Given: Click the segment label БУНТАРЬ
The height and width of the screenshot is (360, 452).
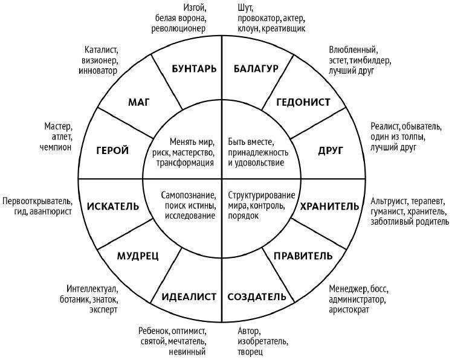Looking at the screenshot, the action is pos(194,69).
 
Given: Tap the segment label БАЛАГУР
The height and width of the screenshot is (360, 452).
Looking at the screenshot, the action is pos(256,69).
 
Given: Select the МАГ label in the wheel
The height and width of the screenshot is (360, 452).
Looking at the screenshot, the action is pos(138,102).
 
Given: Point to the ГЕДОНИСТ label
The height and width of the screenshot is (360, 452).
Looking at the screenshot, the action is pos(303,102).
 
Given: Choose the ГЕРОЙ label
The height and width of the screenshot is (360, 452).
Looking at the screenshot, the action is pos(112,150).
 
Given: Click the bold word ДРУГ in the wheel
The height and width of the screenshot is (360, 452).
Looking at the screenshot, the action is pos(331,150).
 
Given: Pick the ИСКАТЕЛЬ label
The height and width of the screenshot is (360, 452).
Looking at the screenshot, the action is pos(113,207).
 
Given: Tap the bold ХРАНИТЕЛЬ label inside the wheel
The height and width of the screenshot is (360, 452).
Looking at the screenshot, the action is pos(330,207).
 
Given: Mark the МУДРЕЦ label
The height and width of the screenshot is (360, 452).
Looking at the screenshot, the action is pos(138,256).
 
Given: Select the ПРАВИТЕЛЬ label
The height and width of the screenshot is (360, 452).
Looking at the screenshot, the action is pos(303,256).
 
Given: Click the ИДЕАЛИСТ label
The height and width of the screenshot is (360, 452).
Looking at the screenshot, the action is pos(189,297).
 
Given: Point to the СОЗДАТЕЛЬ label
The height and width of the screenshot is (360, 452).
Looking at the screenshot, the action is pos(257,297).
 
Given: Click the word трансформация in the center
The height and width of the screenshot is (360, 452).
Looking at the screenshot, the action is pos(185,163).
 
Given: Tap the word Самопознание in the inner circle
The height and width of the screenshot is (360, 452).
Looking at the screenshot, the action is pos(189,196).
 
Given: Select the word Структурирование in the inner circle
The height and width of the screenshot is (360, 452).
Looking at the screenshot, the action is pos(262,196).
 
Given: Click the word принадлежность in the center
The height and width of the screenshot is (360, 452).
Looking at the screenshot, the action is pos(258,152).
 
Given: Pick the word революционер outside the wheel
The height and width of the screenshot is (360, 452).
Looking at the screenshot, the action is pos(178,28).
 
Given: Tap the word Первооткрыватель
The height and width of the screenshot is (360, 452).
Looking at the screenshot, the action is pos(37,201).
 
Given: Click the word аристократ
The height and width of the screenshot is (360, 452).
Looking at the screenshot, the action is pos(349,310).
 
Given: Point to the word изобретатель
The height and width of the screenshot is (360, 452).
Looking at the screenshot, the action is pos(263,341).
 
